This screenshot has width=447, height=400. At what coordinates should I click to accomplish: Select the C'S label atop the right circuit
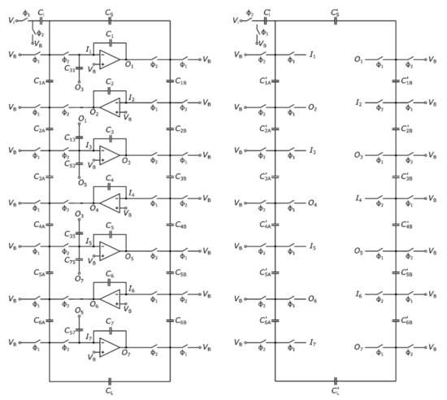[336, 11]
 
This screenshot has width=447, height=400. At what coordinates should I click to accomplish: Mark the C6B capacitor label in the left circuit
[180, 320]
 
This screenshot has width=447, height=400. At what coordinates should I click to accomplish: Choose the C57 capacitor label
[72, 333]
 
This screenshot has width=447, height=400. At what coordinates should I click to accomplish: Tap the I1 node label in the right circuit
[313, 54]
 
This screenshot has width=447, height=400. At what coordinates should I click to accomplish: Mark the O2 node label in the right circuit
[313, 107]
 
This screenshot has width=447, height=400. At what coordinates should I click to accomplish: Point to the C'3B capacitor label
[408, 176]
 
